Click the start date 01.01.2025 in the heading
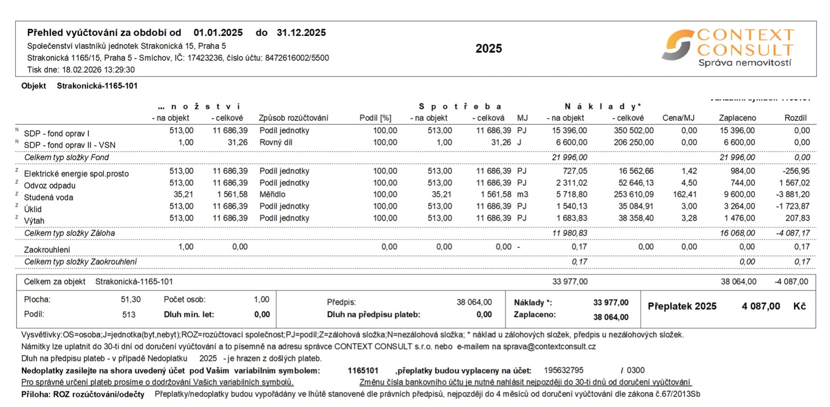click(218, 33)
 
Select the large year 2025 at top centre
click(488, 48)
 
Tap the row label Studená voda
click(48, 197)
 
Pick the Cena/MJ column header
click(678, 118)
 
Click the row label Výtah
click(34, 221)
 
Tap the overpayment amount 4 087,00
click(761, 306)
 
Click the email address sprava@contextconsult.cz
click(549, 347)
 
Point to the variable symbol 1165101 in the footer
click(363, 370)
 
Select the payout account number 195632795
click(563, 370)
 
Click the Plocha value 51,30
click(130, 300)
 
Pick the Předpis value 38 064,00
click(474, 302)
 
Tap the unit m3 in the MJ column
click(522, 194)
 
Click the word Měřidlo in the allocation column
click(272, 194)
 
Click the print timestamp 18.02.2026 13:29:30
click(98, 70)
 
